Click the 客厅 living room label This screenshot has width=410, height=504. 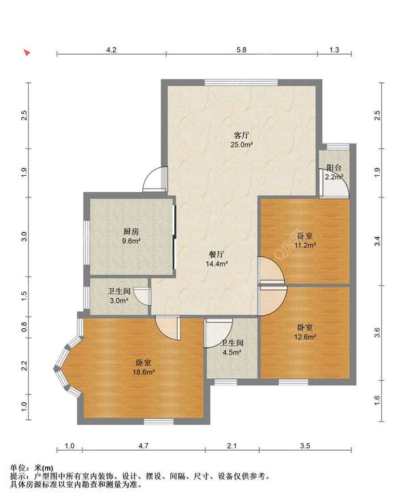pyautogui.click(x=242, y=135)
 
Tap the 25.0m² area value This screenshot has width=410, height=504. pyautogui.click(x=242, y=145)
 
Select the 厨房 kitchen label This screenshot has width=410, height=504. pyautogui.click(x=131, y=231)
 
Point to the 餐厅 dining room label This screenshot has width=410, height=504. pyautogui.click(x=217, y=254)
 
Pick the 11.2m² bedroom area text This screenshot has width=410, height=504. pyautogui.click(x=305, y=246)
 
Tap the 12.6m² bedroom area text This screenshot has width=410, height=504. pyautogui.click(x=305, y=337)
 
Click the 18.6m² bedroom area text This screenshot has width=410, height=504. pyautogui.click(x=143, y=372)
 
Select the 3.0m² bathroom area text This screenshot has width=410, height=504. pyautogui.click(x=119, y=301)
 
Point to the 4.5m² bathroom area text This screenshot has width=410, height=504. pyautogui.click(x=232, y=353)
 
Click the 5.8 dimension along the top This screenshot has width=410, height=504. pyautogui.click(x=241, y=50)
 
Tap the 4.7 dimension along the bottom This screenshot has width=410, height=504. pyautogui.click(x=143, y=446)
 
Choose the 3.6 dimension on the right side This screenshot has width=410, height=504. pyautogui.click(x=378, y=332)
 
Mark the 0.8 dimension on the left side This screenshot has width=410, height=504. pyautogui.click(x=25, y=327)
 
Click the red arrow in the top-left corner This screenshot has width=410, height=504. pyautogui.click(x=27, y=53)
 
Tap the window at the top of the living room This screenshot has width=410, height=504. pyautogui.click(x=241, y=82)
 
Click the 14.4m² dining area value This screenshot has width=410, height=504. pyautogui.click(x=217, y=264)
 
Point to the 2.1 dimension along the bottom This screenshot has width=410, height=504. pyautogui.click(x=232, y=446)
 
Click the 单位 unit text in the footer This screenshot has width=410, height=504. pyautogui.click(x=17, y=468)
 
